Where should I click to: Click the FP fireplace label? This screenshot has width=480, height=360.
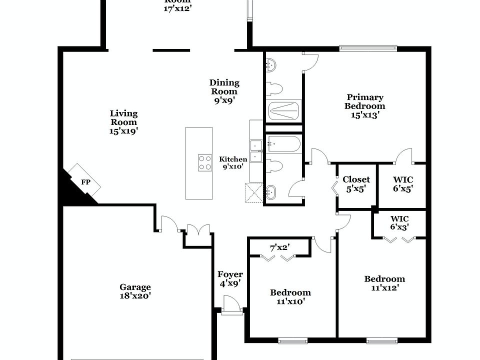pos(86,182)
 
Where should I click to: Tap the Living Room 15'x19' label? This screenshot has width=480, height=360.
pos(123,122)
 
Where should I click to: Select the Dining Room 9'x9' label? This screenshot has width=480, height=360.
pos(224,91)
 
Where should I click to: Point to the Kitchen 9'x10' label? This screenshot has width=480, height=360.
pos(233,163)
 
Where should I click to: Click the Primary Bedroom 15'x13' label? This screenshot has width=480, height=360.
pos(365,106)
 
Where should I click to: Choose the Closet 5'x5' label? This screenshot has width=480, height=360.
pos(356,184)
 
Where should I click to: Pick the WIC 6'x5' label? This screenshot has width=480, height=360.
pos(403,184)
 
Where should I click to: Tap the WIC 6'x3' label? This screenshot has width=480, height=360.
pos(399,223)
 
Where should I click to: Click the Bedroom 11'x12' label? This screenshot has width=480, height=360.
pos(384,283)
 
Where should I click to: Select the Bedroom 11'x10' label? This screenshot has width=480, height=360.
pos(290,296)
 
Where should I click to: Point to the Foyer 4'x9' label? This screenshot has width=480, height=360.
pos(230,278)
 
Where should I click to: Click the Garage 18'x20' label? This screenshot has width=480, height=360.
pos(135,291)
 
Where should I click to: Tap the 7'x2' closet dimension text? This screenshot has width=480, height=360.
pos(280,247)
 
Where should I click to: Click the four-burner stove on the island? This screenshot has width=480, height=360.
pos(205,163)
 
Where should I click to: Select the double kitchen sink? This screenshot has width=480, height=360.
pos(257,151)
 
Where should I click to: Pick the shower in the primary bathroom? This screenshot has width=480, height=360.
pos(284,110)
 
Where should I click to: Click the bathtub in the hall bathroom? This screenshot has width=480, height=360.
pos(283,144)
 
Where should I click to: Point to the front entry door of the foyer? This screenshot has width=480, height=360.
pos(231,306)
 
